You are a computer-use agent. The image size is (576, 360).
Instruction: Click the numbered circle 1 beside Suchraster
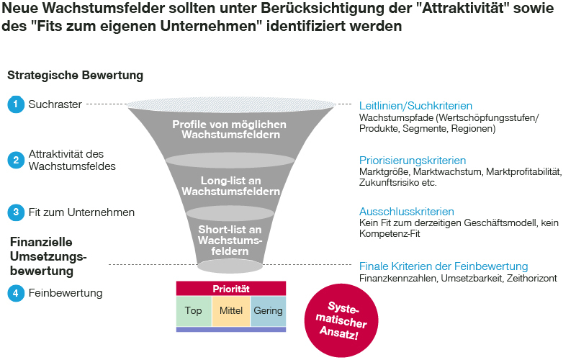pos(15,104)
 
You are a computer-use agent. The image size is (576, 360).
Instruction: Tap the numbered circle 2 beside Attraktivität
pos(15,160)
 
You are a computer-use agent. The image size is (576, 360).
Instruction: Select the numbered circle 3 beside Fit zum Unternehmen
pos(15,212)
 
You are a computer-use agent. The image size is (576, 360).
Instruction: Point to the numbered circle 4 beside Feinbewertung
pos(15,293)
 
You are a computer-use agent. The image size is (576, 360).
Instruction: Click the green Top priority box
pos(194,311)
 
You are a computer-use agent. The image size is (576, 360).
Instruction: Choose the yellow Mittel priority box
pos(231,311)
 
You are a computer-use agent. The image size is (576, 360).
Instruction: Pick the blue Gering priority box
pos(268,311)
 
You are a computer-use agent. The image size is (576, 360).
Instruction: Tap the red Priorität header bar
pos(231,289)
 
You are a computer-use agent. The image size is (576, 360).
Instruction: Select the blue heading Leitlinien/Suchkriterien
pos(415,105)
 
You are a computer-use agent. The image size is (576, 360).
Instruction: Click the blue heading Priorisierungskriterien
pos(413,160)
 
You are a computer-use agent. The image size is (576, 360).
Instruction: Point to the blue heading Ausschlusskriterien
pos(407,212)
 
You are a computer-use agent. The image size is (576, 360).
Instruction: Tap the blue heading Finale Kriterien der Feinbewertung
pos(444,266)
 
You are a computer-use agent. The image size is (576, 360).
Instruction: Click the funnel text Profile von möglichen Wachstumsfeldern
pos(230,130)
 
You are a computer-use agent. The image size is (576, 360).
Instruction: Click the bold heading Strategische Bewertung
pos(75,75)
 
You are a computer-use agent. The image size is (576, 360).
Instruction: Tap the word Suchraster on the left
pos(55,104)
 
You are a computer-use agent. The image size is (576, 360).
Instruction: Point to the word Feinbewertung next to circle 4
pos(66,293)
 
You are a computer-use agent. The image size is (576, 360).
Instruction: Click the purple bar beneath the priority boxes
pos(231,330)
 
